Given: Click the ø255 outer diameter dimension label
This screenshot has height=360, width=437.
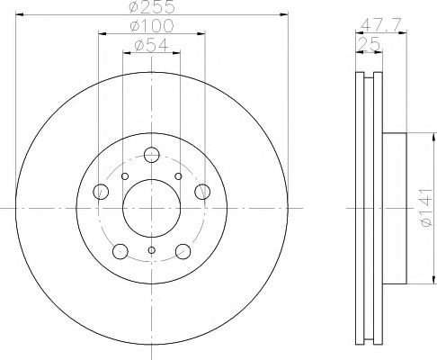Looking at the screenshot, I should [x=152, y=7].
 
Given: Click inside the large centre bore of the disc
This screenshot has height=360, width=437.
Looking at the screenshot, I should [x=152, y=209].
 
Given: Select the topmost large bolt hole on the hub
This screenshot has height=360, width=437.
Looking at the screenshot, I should [x=152, y=155].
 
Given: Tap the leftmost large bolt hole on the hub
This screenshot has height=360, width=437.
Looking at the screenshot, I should [x=101, y=192].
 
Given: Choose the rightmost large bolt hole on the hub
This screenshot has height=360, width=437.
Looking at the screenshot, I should [x=203, y=192].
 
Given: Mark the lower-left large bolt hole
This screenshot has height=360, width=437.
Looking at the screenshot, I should [x=120, y=252].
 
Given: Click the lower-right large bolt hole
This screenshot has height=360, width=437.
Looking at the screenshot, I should [x=183, y=252].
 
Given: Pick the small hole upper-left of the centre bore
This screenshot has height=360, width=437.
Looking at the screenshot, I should [x=126, y=175].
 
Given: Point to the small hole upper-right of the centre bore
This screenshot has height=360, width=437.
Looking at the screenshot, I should [x=178, y=175].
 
